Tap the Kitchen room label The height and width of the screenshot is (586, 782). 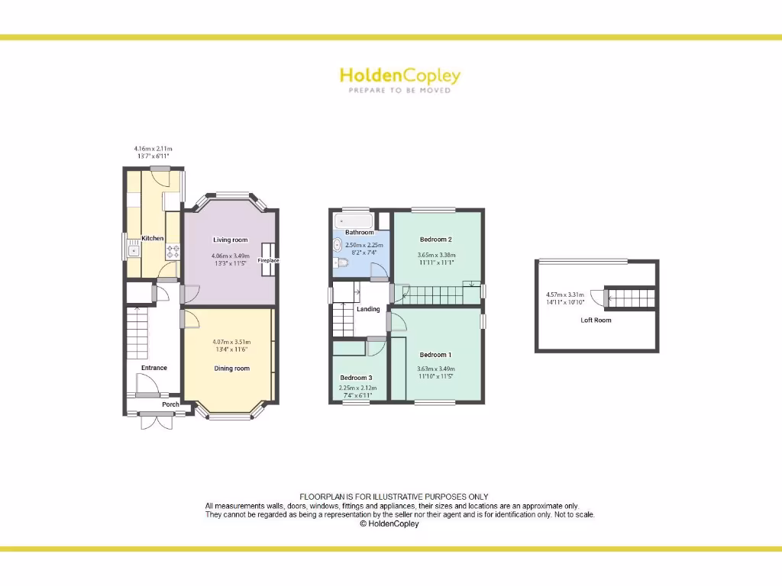click(153, 238)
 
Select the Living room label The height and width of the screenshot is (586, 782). click(230, 240)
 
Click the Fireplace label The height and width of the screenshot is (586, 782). click(268, 261)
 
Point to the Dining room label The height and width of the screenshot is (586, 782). click(231, 369)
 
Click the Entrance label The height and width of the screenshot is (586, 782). click(153, 368)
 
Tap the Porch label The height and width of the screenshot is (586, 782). click(170, 404)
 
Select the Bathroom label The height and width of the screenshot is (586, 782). click(359, 232)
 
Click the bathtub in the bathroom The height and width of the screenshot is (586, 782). click(352, 221)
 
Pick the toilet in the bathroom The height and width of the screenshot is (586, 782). click(341, 263)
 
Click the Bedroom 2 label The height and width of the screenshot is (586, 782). click(436, 239)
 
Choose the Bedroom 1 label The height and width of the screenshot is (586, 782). click(435, 355)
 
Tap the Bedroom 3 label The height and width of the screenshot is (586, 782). click(356, 378)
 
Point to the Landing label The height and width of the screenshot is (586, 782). click(368, 309)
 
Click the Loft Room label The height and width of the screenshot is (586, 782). click(596, 320)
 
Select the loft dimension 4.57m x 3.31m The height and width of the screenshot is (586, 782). click(565, 295)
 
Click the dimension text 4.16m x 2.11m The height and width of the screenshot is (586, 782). click(153, 149)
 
